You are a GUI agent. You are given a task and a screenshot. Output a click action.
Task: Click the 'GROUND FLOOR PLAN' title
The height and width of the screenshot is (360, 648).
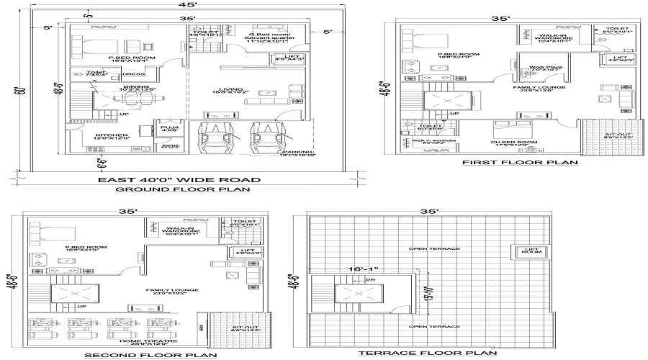(x=183, y=189)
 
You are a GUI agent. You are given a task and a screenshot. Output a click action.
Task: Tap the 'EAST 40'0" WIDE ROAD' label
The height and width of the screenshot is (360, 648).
(x=179, y=179)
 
